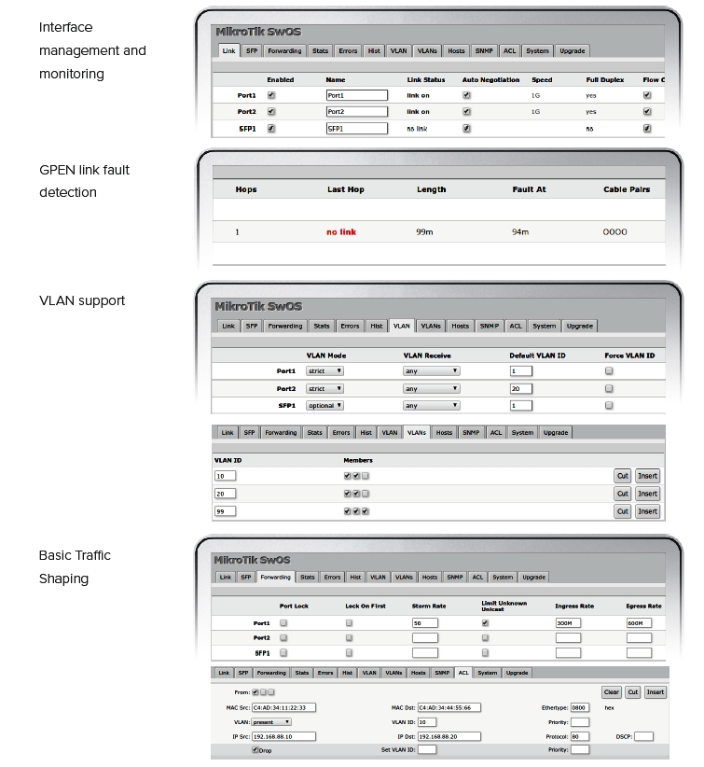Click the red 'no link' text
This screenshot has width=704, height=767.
coord(341,232)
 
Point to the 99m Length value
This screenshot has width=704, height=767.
coord(424,232)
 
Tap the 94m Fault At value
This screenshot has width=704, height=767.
coord(521,232)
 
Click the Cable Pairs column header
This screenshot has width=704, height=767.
coord(627,189)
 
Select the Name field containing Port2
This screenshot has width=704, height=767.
coord(355,112)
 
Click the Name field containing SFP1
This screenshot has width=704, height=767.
coord(355,129)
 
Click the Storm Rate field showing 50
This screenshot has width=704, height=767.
coord(424,622)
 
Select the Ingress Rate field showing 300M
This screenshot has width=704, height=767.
coord(568,622)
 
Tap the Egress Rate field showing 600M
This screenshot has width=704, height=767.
coord(639,622)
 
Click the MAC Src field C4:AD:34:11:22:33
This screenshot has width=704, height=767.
coord(283,707)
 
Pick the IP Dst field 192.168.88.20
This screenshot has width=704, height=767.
coord(449,736)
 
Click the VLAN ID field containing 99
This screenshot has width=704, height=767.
coord(225,510)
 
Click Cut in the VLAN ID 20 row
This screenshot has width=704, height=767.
coord(622,494)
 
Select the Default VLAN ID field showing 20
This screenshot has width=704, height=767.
coord(520,388)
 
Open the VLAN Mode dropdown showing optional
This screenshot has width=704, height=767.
coord(325,405)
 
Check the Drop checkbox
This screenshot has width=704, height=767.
coord(255,750)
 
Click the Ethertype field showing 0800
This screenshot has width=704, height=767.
coord(580,707)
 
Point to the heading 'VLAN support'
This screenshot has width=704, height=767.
coord(82,300)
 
